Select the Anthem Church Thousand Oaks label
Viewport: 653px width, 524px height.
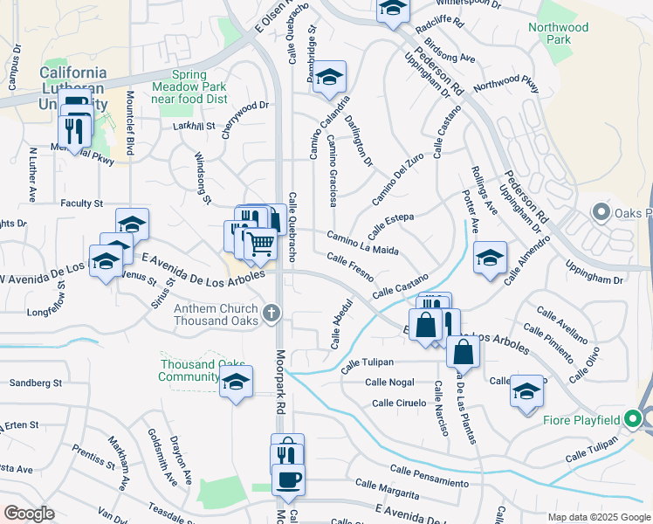(x=217, y=314)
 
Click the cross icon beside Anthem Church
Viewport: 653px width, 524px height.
(x=272, y=311)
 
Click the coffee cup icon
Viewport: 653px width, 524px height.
(x=288, y=479)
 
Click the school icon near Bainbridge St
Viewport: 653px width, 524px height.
(x=330, y=77)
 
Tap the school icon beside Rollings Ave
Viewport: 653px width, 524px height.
(x=491, y=258)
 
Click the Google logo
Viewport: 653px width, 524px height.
(x=29, y=513)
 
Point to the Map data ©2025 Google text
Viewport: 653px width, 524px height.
(x=598, y=517)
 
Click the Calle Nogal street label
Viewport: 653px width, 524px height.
(x=389, y=382)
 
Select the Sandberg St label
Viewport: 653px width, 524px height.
(x=35, y=383)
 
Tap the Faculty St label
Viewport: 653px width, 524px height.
(x=82, y=203)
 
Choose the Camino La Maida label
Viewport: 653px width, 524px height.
(x=363, y=244)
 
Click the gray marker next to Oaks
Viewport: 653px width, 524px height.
(x=600, y=212)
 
